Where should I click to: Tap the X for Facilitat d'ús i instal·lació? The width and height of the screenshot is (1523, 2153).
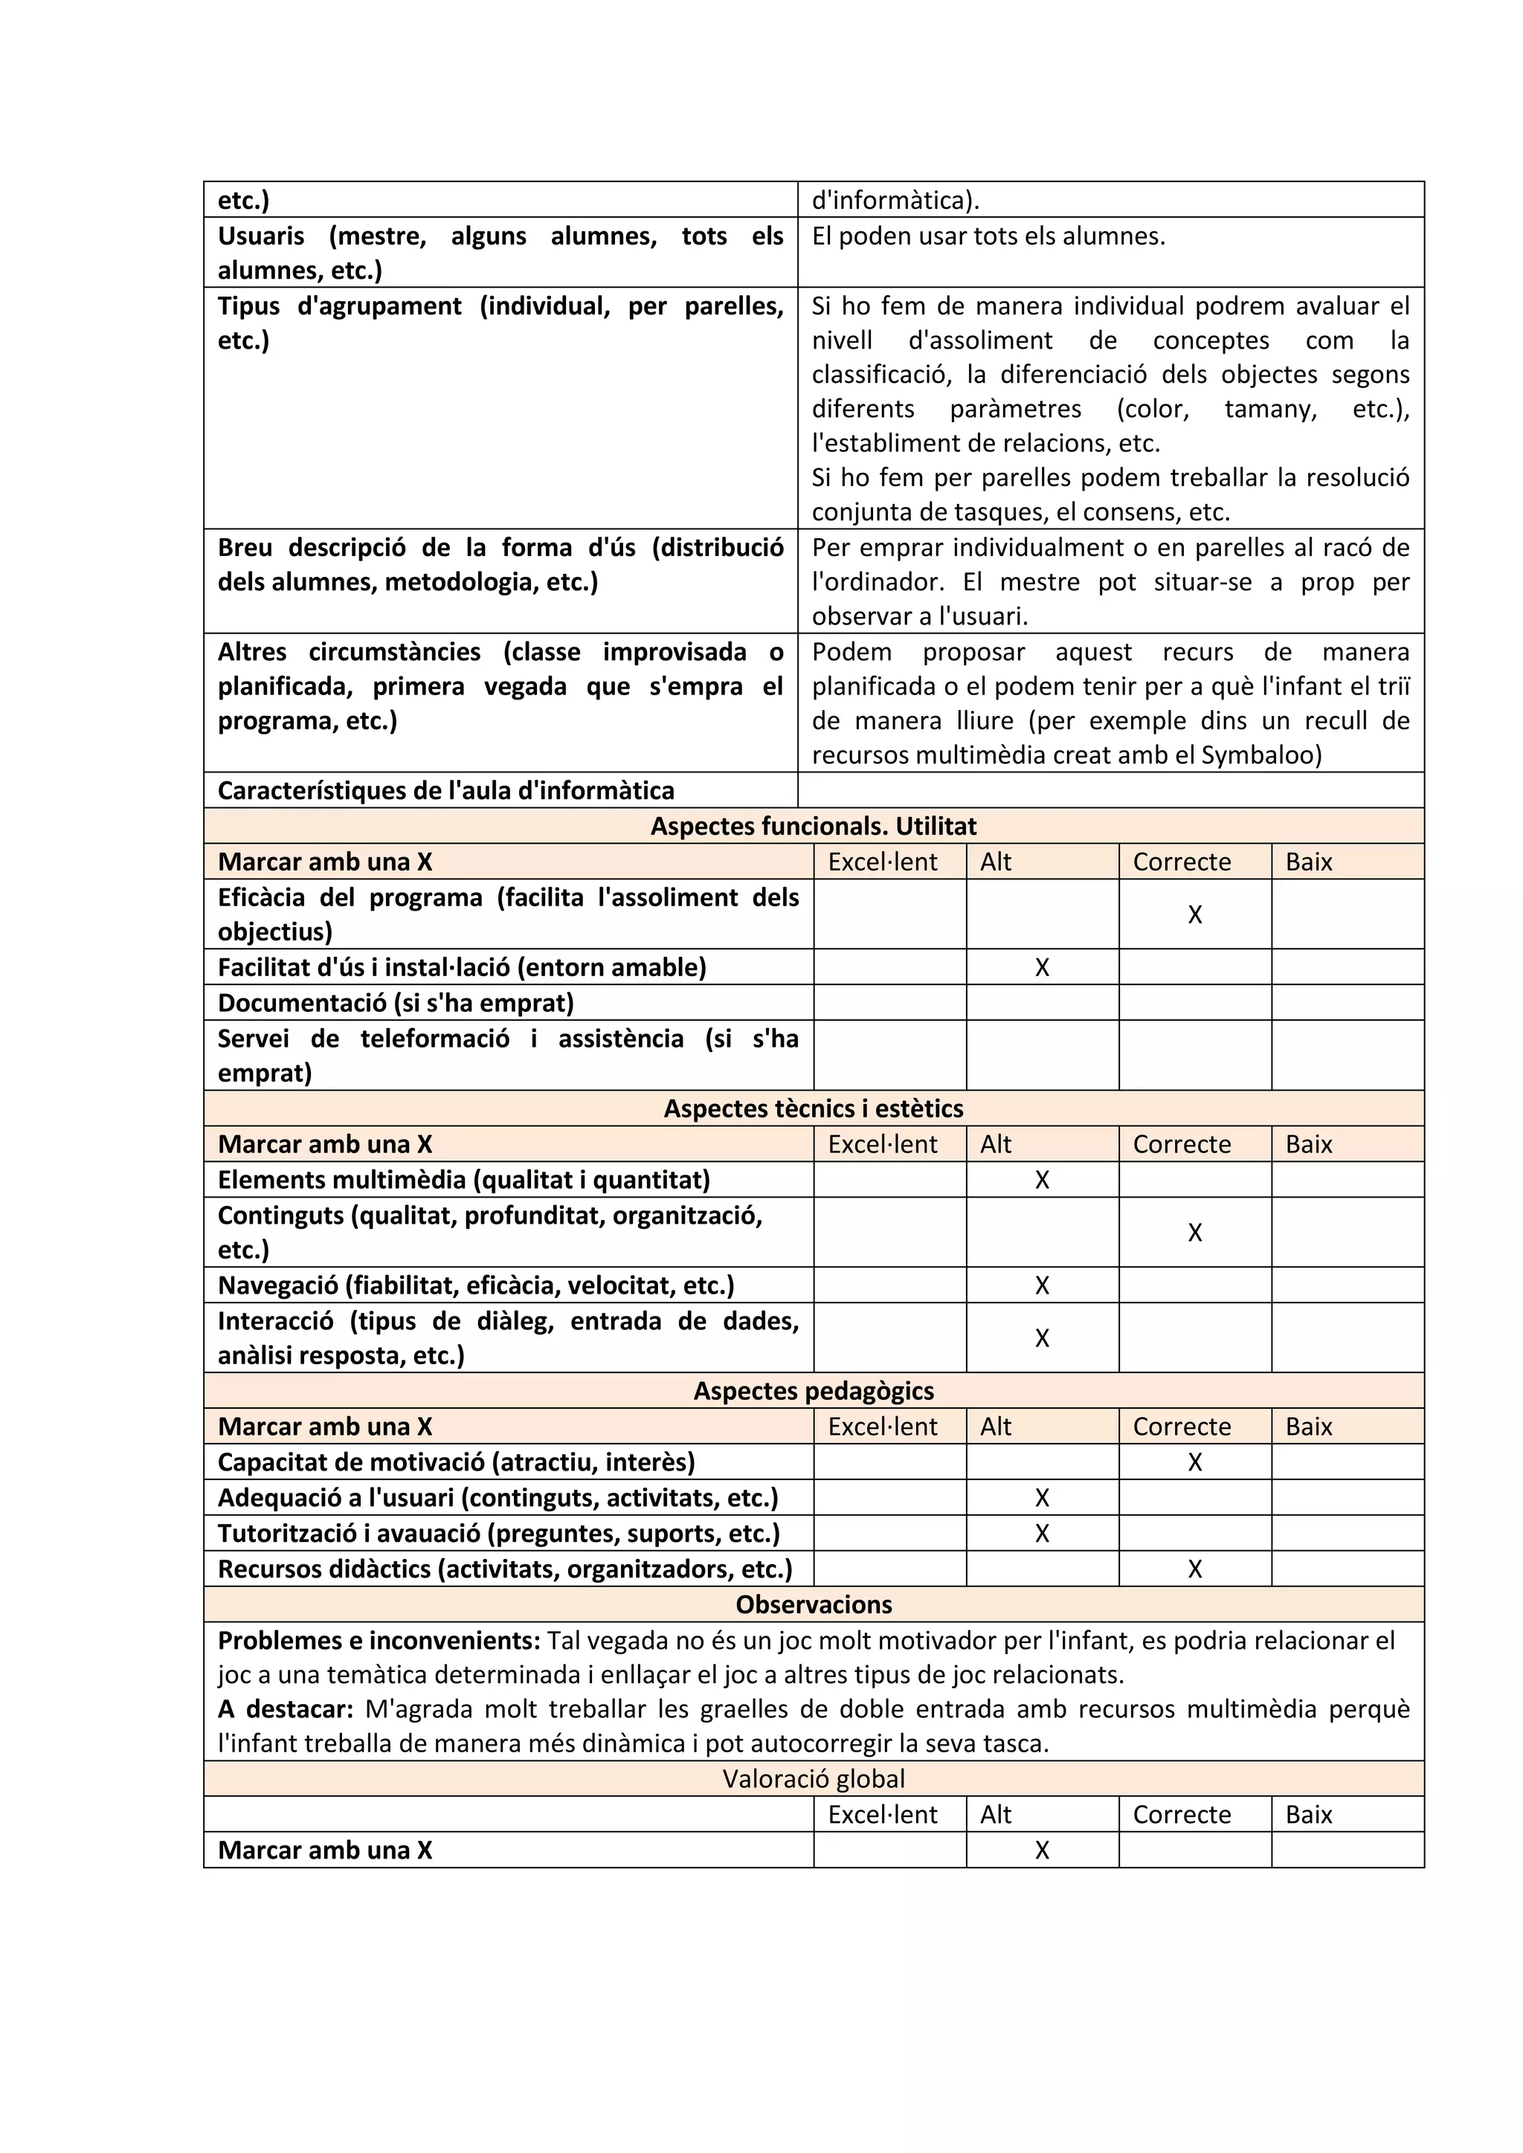click(x=1041, y=968)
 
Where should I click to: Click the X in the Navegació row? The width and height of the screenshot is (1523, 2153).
click(x=1041, y=1285)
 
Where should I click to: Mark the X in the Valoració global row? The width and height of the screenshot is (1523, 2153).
click(x=1041, y=1850)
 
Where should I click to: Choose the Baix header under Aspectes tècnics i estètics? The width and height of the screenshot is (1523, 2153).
click(x=1308, y=1145)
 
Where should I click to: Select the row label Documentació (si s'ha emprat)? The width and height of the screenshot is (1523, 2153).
click(x=395, y=1004)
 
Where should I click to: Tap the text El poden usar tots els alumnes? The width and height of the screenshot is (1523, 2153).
click(x=988, y=236)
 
